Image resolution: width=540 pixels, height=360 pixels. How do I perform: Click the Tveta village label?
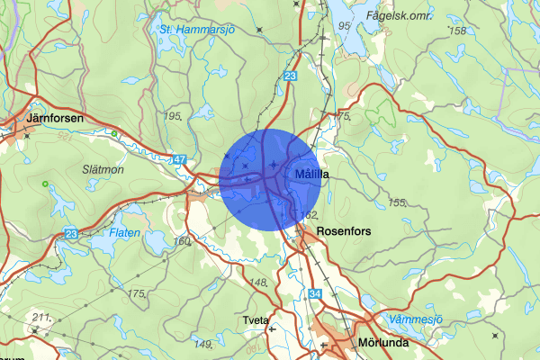point(256,320)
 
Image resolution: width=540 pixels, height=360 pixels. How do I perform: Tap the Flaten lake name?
point(124,232)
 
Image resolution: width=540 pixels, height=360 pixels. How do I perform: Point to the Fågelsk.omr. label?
point(400,15)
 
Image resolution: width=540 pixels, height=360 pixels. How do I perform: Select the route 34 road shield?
point(313,293)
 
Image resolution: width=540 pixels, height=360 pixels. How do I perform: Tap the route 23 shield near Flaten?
point(72,234)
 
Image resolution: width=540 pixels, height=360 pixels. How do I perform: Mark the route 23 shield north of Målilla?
point(289,77)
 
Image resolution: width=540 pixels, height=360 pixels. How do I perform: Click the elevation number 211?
point(39,317)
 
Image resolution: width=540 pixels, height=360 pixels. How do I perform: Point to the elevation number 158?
point(457,31)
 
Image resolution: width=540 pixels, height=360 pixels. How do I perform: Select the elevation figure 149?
point(202,343)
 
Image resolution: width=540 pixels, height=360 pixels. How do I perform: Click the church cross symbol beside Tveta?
point(272,329)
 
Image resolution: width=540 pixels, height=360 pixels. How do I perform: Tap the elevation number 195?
point(174,117)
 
